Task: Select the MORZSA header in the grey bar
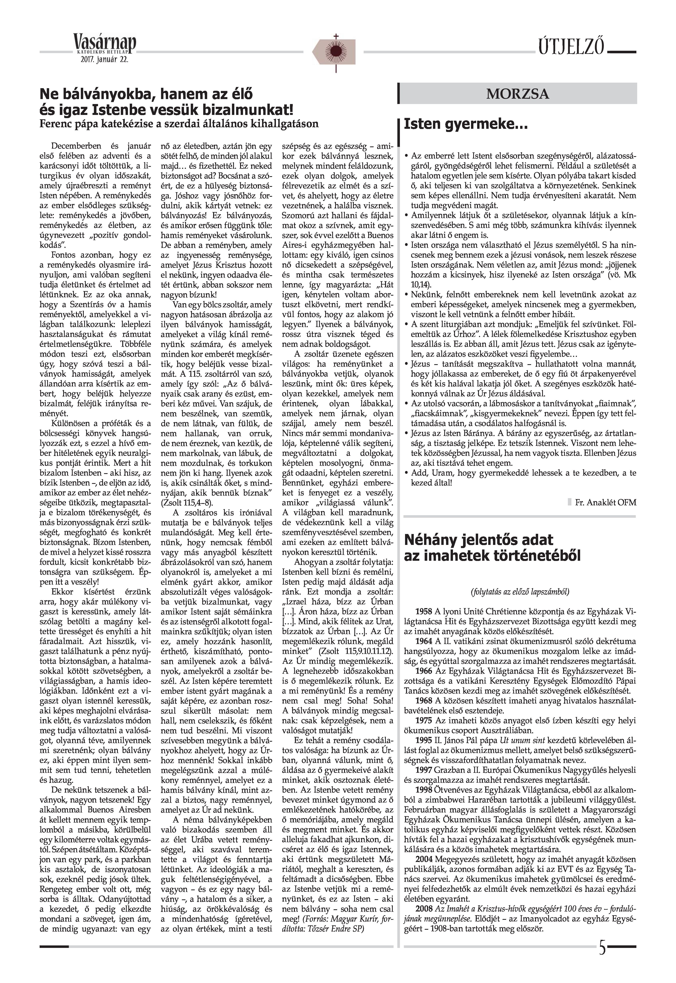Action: [518, 94]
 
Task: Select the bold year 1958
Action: [423, 612]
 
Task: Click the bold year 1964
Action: [423, 641]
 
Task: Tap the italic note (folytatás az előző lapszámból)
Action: [520, 591]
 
